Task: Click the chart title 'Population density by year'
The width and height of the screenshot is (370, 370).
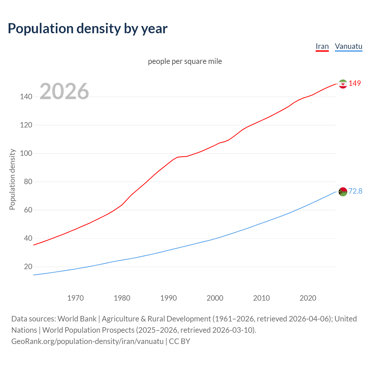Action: (88, 29)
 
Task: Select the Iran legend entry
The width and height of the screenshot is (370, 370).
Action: (322, 46)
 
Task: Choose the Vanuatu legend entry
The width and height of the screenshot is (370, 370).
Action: (348, 46)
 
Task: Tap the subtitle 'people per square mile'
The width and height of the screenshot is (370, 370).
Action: (185, 61)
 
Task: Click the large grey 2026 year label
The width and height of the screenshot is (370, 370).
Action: (64, 91)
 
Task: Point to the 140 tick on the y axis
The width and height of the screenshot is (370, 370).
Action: (26, 97)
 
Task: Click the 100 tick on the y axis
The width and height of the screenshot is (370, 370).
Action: (26, 153)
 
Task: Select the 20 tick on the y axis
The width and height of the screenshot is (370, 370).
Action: (28, 267)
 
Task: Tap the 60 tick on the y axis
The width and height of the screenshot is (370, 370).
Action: (28, 210)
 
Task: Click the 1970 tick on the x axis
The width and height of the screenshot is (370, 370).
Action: (75, 298)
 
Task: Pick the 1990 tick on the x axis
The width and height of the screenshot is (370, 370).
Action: (169, 298)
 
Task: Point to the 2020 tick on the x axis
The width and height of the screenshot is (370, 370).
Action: (308, 298)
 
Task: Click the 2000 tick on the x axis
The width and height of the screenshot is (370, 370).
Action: (215, 298)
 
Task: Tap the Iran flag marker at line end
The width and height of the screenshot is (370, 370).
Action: (343, 84)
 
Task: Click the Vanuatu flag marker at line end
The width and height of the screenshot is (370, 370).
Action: (343, 192)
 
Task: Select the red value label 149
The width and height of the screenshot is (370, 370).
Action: (355, 83)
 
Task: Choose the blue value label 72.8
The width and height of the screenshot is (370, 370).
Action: (355, 191)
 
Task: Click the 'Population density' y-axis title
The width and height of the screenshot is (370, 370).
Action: (12, 179)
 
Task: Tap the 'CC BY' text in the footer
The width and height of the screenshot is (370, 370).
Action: (180, 341)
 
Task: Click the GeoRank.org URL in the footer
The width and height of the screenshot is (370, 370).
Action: (87, 341)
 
